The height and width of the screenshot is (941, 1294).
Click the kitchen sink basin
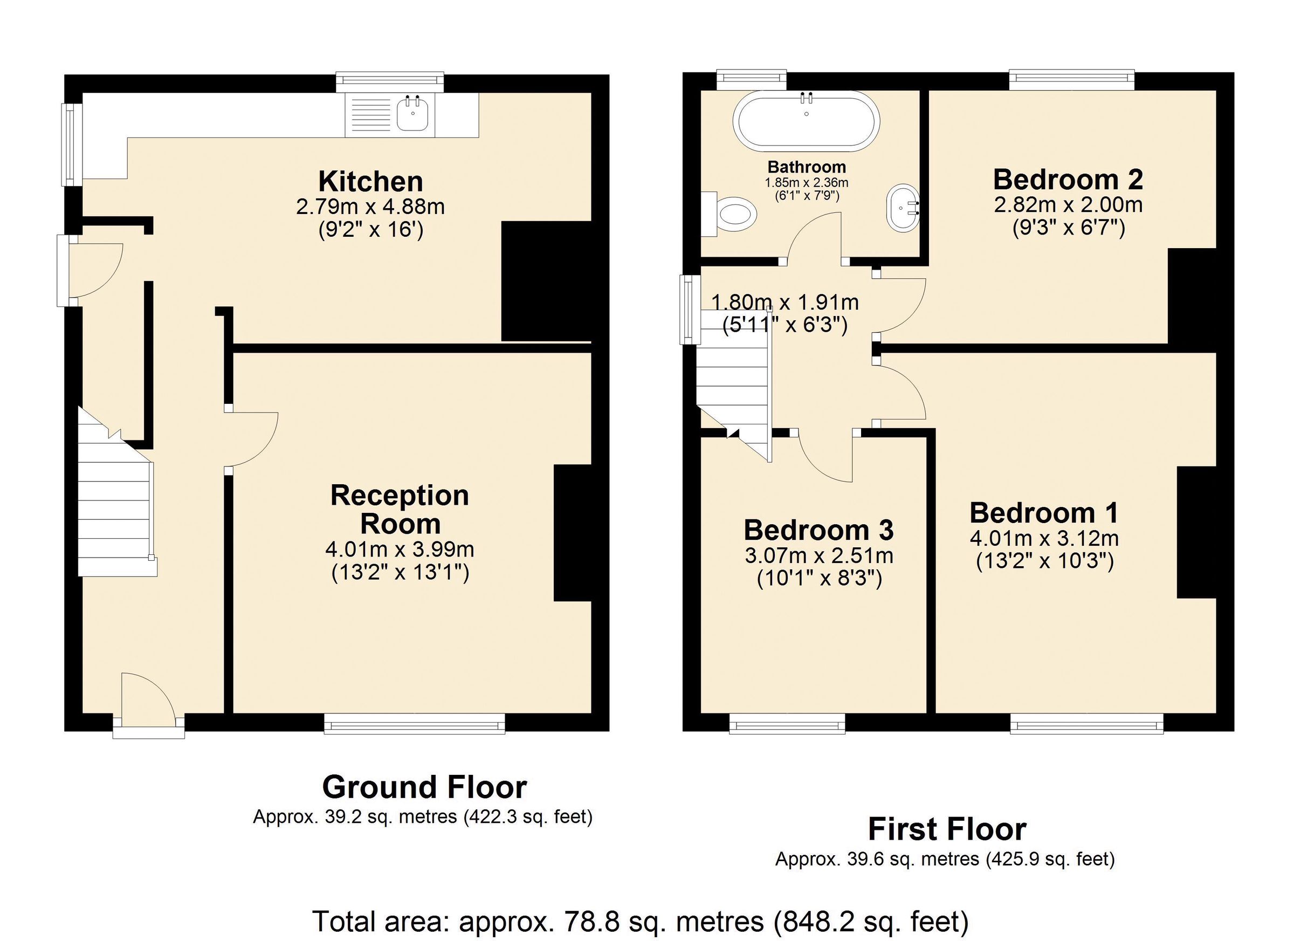point(412,116)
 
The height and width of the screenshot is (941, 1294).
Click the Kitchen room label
point(370,182)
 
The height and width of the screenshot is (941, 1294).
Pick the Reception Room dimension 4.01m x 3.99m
point(400,550)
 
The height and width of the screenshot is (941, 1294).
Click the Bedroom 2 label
point(1068,179)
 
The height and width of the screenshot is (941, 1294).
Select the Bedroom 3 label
point(818,530)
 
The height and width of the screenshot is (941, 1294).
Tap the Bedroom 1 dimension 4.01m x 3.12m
point(1043,538)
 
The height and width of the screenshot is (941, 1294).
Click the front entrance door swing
point(147,699)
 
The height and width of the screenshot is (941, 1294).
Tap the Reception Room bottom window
point(414,724)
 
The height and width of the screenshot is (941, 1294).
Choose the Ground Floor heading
point(424,787)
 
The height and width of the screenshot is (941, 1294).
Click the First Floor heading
point(947,829)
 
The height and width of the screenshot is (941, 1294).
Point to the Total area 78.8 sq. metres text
point(639,921)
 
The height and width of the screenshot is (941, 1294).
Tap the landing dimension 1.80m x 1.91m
point(784,303)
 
